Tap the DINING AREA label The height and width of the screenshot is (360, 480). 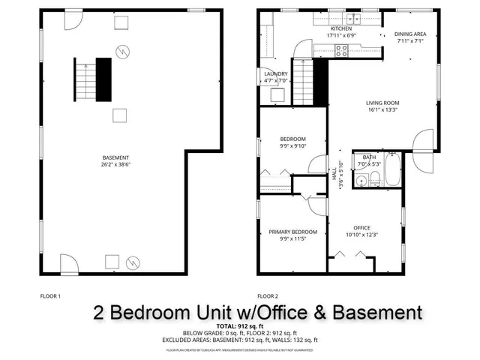tap(411, 34)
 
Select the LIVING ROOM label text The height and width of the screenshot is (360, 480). tap(382, 103)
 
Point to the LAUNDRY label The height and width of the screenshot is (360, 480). tap(276, 73)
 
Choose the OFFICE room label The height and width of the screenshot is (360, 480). tap(362, 228)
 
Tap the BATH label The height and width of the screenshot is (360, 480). tap(369, 157)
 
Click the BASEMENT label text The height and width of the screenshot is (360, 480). tap(115, 157)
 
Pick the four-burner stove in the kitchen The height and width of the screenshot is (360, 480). tap(342, 51)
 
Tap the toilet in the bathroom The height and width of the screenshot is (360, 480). tap(361, 179)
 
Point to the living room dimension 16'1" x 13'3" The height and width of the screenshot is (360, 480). tap(382, 110)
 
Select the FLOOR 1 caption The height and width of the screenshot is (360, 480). tap(49, 296)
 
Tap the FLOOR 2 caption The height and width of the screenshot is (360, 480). tap(268, 296)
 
